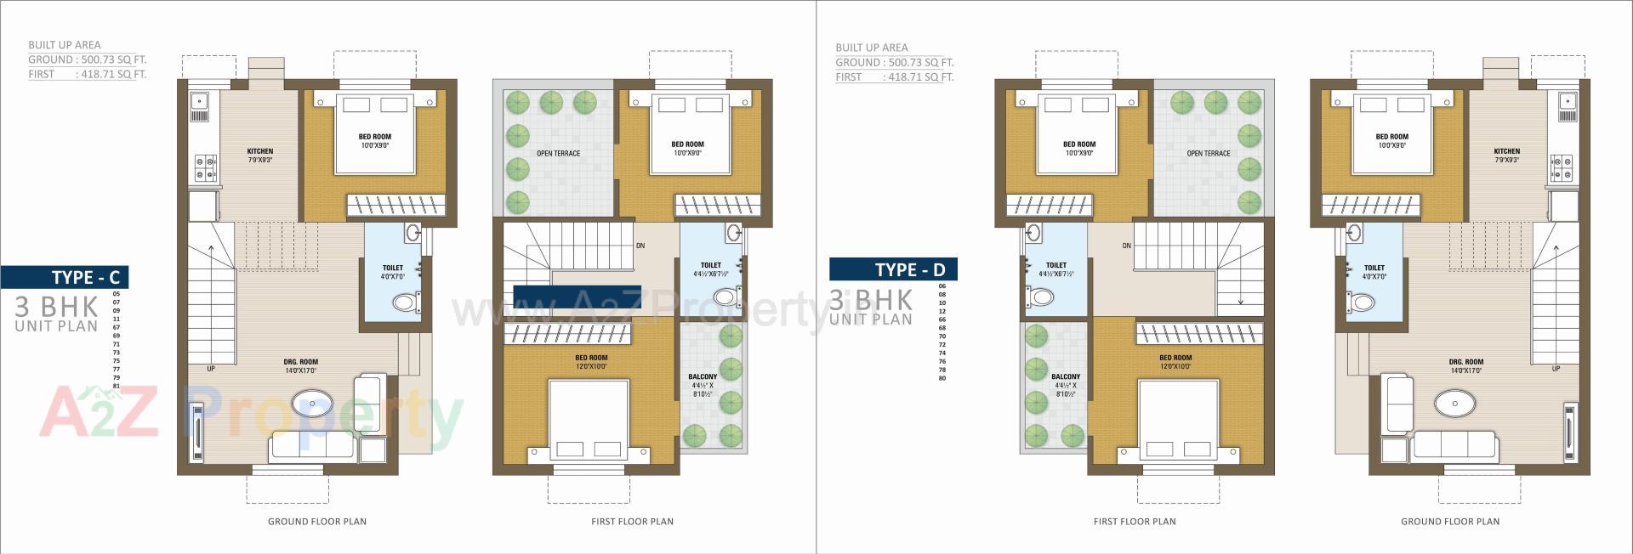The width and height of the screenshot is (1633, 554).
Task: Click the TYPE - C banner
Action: pyautogui.click(x=65, y=277)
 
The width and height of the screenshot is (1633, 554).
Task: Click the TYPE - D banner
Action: pyautogui.click(x=893, y=269)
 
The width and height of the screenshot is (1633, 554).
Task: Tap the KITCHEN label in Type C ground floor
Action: pyautogui.click(x=260, y=151)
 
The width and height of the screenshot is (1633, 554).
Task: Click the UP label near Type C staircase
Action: pyautogui.click(x=211, y=369)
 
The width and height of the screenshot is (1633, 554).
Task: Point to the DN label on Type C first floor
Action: pyautogui.click(x=640, y=246)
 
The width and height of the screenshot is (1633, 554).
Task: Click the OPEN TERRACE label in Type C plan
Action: pyautogui.click(x=558, y=154)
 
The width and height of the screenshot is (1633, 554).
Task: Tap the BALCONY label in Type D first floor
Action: pyautogui.click(x=1066, y=376)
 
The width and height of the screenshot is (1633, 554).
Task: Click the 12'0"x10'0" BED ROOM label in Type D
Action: pyautogui.click(x=1175, y=362)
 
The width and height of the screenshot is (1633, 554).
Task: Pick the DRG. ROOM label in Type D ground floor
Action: pyautogui.click(x=1466, y=362)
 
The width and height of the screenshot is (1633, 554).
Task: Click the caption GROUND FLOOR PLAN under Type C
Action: pyautogui.click(x=317, y=522)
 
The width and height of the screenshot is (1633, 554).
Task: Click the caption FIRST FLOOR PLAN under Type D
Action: pyautogui.click(x=1135, y=522)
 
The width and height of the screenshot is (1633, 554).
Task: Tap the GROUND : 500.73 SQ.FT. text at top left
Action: pyautogui.click(x=88, y=59)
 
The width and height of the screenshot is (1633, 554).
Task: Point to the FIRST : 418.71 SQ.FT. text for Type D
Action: pyautogui.click(x=894, y=77)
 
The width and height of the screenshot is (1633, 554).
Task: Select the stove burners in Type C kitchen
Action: pyautogui.click(x=205, y=167)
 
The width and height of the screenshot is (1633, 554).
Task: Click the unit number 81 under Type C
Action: pyautogui.click(x=117, y=387)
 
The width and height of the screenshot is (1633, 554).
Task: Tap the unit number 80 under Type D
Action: pyautogui.click(x=942, y=378)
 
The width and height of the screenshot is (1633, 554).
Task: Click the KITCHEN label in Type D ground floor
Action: pyautogui.click(x=1507, y=151)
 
